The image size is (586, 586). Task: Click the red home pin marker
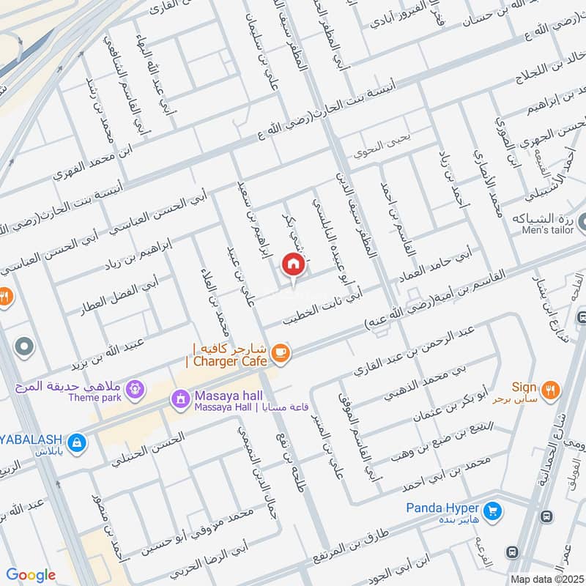click(292, 264)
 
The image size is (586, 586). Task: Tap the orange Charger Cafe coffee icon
click(280, 354)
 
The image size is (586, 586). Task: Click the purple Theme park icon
click(133, 388)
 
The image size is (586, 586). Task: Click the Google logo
click(31, 575)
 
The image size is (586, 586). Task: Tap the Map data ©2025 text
click(546, 579)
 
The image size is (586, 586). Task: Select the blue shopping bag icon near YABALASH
click(75, 442)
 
